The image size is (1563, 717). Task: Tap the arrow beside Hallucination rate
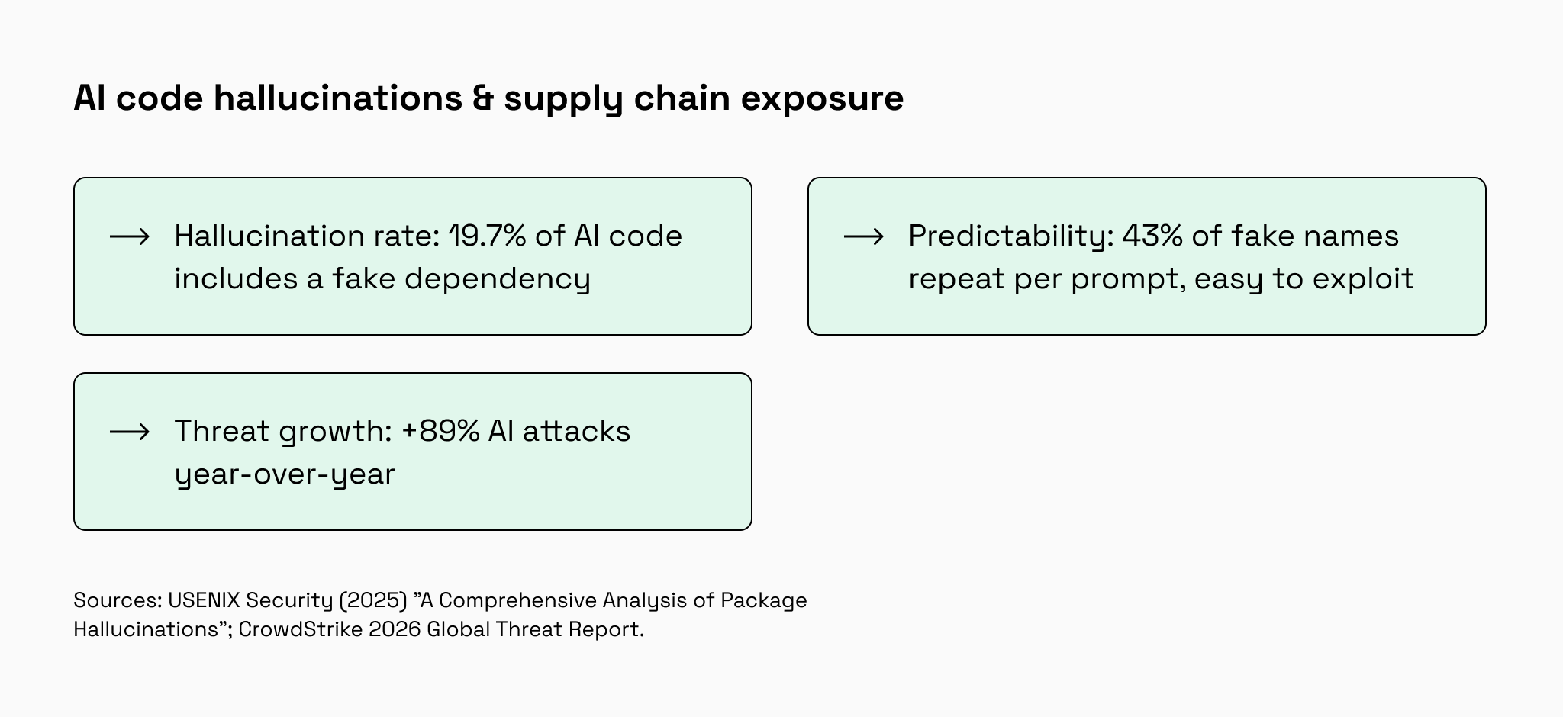pyautogui.click(x=130, y=236)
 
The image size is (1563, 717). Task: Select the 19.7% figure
pyautogui.click(x=487, y=236)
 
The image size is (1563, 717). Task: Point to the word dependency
pyautogui.click(x=498, y=279)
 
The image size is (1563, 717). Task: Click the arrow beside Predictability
pyautogui.click(x=864, y=236)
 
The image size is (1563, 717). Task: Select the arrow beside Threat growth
pyautogui.click(x=130, y=432)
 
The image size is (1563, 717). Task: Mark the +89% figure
pyautogui.click(x=440, y=431)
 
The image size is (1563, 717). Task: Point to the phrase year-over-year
pyautogui.click(x=285, y=474)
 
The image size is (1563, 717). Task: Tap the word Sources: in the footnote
pyautogui.click(x=118, y=600)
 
